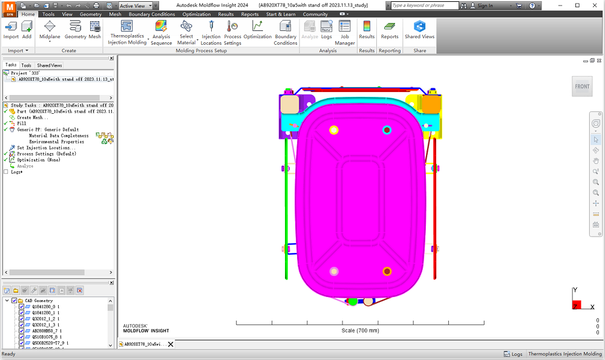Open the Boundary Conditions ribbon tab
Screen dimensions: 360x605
click(x=152, y=14)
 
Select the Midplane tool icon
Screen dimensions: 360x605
click(x=50, y=27)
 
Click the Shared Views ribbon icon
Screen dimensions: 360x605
click(x=419, y=27)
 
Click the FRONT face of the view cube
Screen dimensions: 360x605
click(x=582, y=87)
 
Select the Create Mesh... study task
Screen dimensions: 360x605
click(x=33, y=117)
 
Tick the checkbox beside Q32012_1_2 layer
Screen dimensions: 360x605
click(x=22, y=319)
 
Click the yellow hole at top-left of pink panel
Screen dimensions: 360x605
click(x=333, y=130)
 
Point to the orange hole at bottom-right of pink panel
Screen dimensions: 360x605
click(x=387, y=271)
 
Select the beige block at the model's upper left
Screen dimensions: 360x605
click(x=290, y=104)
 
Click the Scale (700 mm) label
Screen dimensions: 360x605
click(x=360, y=330)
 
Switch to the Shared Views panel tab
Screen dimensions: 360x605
click(x=49, y=65)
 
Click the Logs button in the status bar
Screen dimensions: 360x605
click(x=514, y=354)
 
